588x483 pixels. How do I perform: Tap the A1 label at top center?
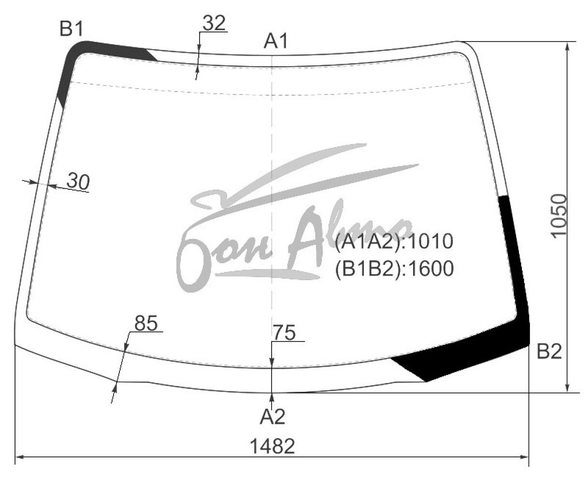[x=275, y=41]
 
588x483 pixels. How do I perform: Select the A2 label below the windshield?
[x=272, y=416]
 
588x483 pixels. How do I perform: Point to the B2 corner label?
[x=549, y=352]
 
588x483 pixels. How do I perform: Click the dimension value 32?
[x=214, y=23]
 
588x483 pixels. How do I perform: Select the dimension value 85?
[x=146, y=323]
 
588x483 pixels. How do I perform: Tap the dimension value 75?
[x=284, y=332]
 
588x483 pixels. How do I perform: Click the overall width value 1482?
[x=272, y=446]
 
